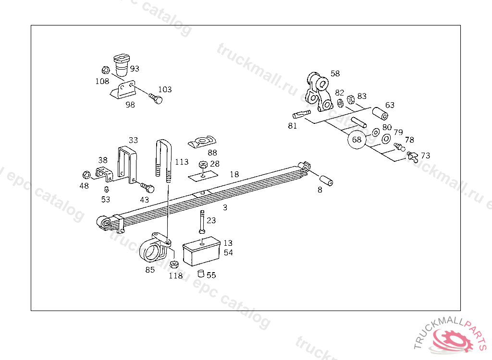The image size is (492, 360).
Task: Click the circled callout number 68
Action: coord(357,140)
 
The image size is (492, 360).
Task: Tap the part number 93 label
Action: coord(135,69)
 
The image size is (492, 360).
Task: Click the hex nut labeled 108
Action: coord(106,70)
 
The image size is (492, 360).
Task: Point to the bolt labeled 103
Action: coord(155,98)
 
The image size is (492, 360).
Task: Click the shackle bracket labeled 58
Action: coord(318,91)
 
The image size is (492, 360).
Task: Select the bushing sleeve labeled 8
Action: coord(327,182)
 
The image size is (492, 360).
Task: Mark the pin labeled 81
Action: coord(301,115)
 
